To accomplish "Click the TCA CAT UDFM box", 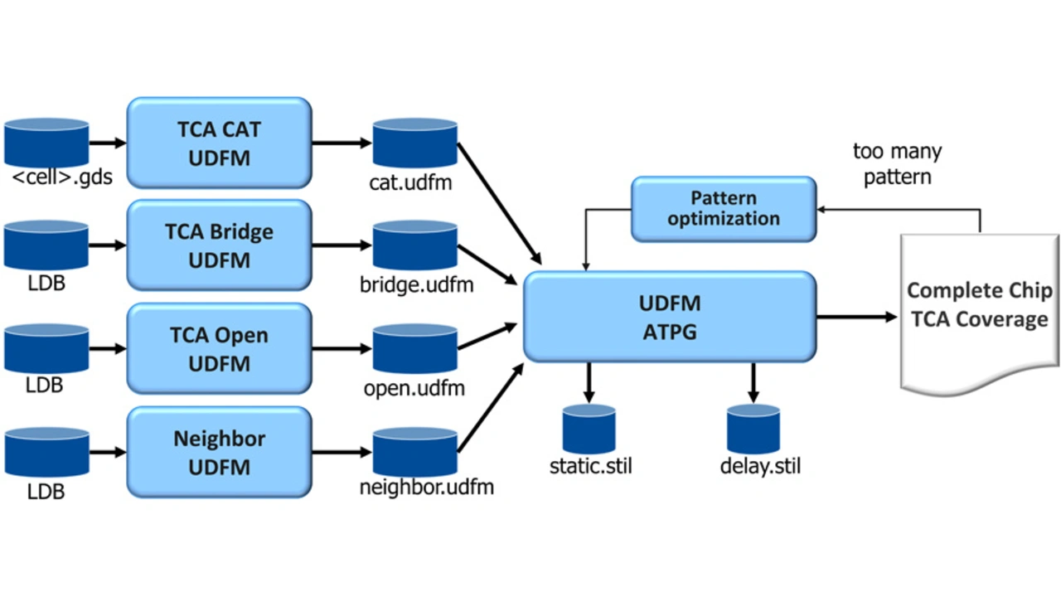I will point(219,143).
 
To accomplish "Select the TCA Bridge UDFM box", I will point(219,245).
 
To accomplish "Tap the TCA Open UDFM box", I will point(219,348).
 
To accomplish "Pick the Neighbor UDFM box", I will point(219,452).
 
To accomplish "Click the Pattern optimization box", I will point(724,209).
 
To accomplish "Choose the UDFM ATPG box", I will point(670,317).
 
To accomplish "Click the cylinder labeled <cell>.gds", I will point(46,142).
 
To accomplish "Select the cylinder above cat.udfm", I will point(414,142).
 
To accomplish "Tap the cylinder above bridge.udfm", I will point(414,245).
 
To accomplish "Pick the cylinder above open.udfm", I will point(414,348).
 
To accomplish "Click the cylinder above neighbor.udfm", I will point(414,452).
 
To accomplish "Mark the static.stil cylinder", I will point(589,429).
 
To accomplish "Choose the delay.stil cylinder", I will point(753,429).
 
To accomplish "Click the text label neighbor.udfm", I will point(426,488).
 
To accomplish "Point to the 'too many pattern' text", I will point(897,164).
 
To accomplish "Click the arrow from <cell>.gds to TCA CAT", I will point(108,143).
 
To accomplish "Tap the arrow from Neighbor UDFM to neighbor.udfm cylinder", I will point(342,452).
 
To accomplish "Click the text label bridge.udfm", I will point(416,285).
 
